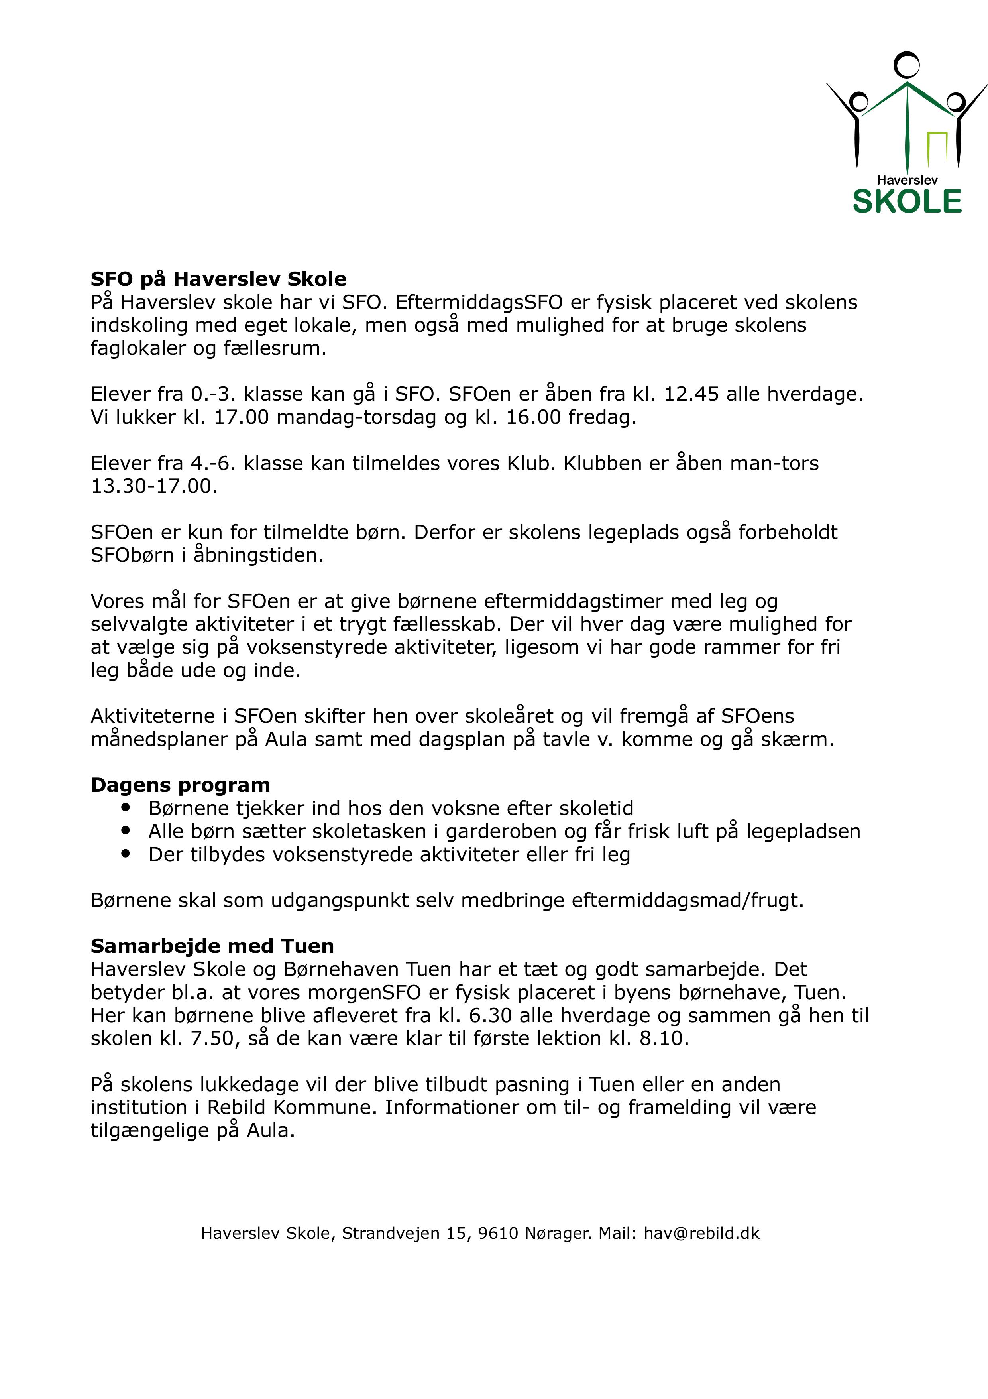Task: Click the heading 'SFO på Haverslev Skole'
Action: click(218, 279)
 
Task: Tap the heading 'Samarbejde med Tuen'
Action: click(212, 946)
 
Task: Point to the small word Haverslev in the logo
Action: click(907, 180)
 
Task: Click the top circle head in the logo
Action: click(906, 65)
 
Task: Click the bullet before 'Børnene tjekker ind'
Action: click(126, 807)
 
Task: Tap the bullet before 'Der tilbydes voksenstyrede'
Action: click(126, 854)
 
